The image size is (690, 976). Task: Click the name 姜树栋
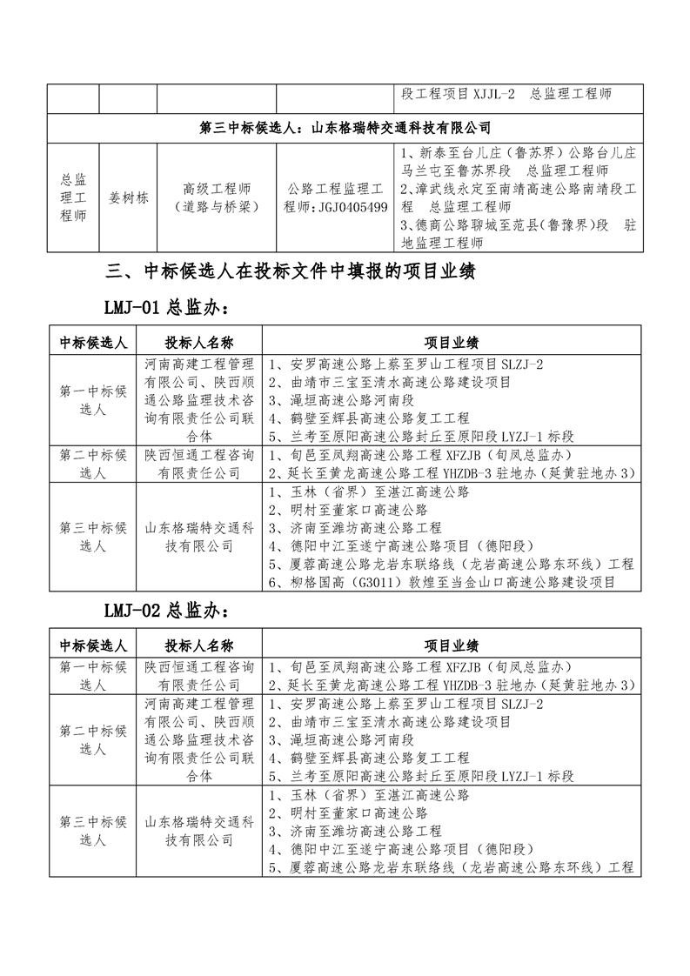point(128,197)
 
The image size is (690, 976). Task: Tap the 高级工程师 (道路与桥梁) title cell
point(217,197)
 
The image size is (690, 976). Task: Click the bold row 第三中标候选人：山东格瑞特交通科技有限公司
point(345,128)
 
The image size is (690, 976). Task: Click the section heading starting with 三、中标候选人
point(289,271)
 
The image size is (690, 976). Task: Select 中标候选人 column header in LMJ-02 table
point(91,645)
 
